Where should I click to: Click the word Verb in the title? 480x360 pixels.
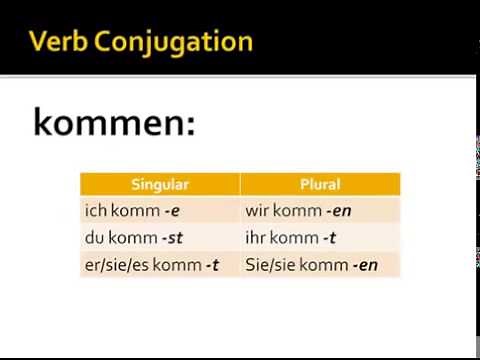point(61,41)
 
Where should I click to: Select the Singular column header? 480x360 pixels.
point(160,184)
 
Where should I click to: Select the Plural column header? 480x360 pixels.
point(320,184)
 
